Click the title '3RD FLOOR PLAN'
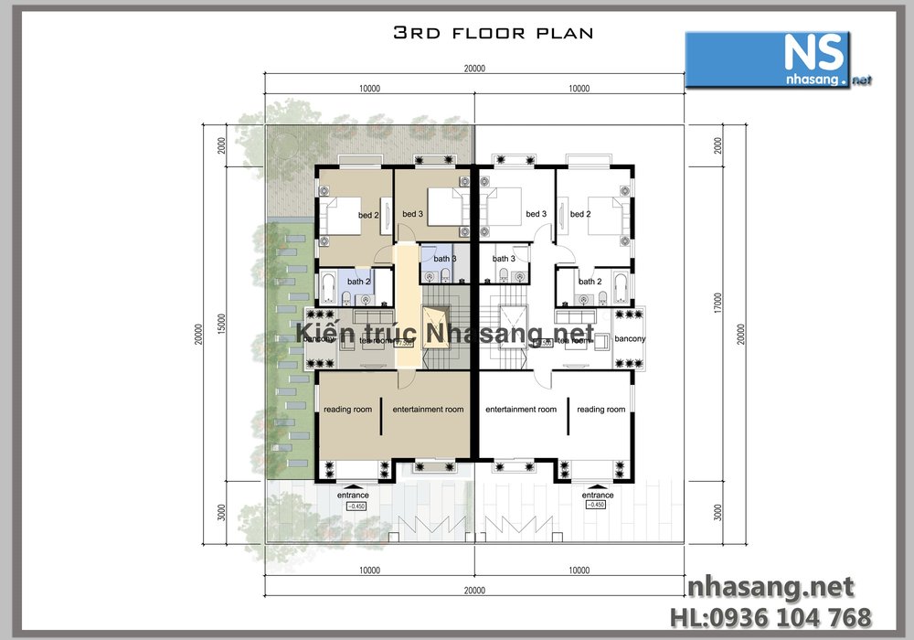[493, 34]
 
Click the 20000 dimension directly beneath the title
[473, 69]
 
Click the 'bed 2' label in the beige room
[368, 215]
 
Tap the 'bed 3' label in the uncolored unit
[536, 215]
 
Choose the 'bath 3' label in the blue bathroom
[445, 259]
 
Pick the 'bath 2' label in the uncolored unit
[590, 282]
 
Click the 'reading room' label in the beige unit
[347, 410]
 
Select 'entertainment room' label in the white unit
[520, 410]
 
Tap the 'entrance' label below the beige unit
[353, 495]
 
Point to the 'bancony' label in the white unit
[630, 339]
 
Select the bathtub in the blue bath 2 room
[328, 288]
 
